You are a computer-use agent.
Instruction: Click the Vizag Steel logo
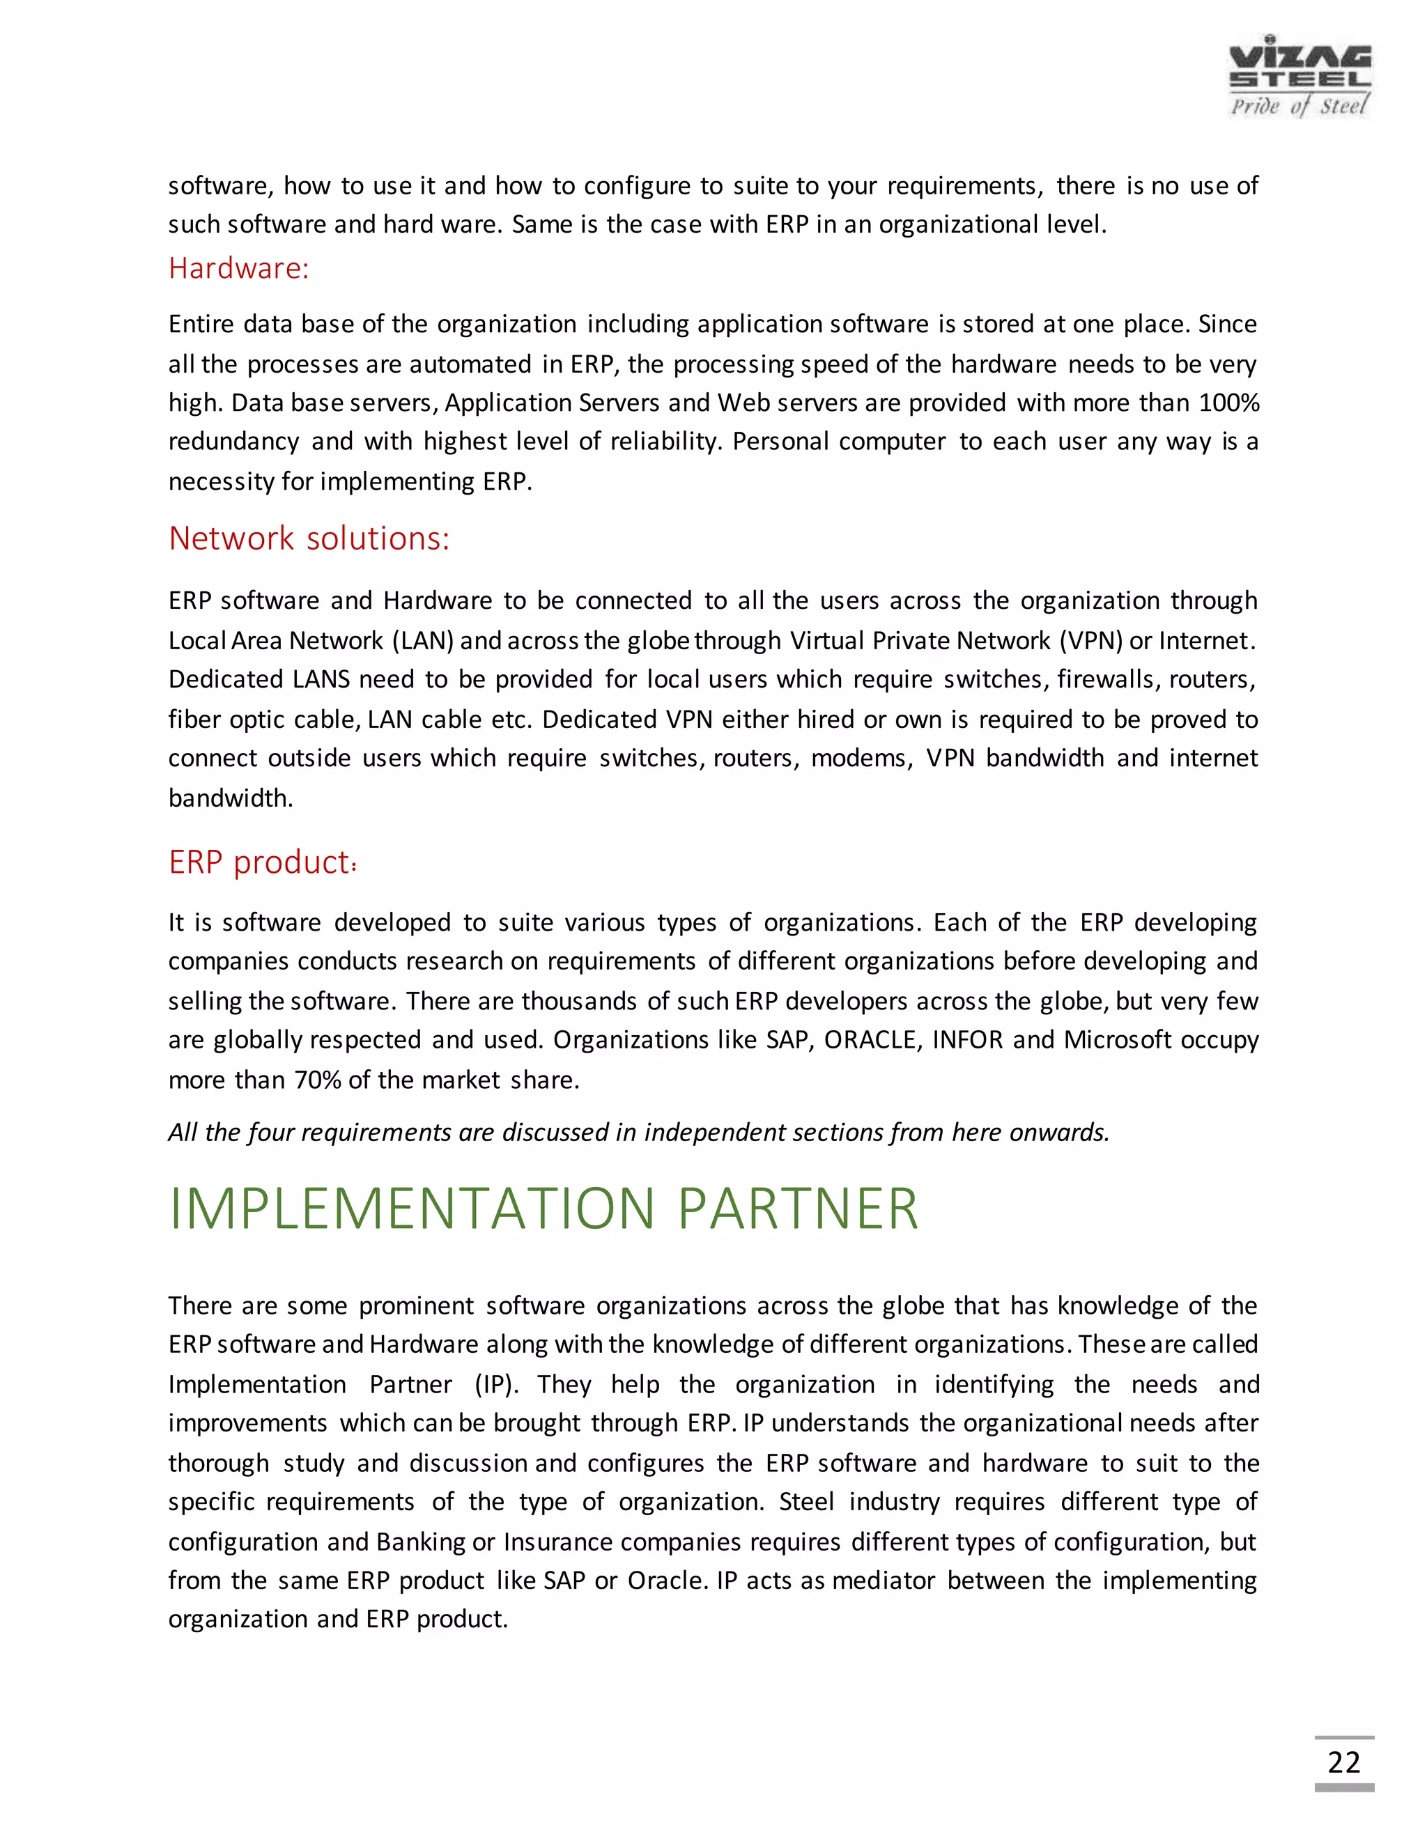tap(1299, 76)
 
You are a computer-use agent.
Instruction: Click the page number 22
tap(1343, 1762)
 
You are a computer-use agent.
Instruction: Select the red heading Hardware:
tap(238, 268)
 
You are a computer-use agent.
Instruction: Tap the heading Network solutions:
tap(309, 538)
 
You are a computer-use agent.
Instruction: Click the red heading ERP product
tap(261, 862)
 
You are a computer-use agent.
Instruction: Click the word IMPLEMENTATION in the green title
tap(412, 1209)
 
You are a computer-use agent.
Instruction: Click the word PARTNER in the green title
tap(797, 1209)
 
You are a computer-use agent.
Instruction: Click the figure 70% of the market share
tap(317, 1080)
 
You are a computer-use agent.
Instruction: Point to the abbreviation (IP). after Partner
tap(496, 1385)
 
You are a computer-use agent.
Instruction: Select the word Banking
tap(420, 1542)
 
